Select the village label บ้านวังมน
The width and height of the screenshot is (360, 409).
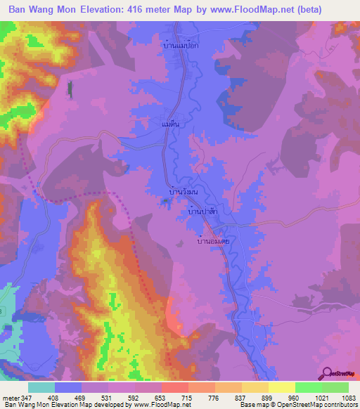pos(184,190)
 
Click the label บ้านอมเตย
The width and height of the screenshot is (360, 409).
pos(214,240)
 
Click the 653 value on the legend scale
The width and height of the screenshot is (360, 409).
pos(162,397)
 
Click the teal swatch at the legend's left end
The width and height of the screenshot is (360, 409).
pos(41,387)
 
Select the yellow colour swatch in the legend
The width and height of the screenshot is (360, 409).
pos(281,387)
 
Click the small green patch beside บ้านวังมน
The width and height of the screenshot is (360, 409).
pos(185,202)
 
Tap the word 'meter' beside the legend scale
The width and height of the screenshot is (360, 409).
pos(11,397)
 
